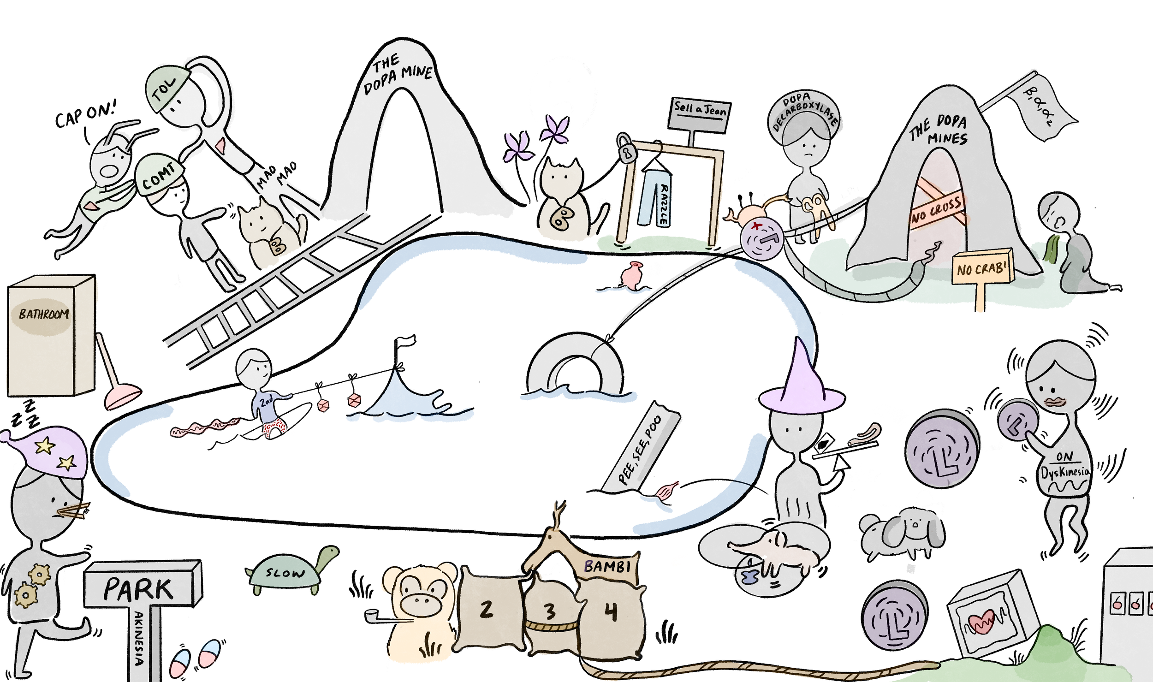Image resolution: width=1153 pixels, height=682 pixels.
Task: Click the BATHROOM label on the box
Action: (x=43, y=314)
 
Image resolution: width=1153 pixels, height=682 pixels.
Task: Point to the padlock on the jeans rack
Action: (x=625, y=148)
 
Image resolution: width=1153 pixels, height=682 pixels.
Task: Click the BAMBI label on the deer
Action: (x=607, y=566)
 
